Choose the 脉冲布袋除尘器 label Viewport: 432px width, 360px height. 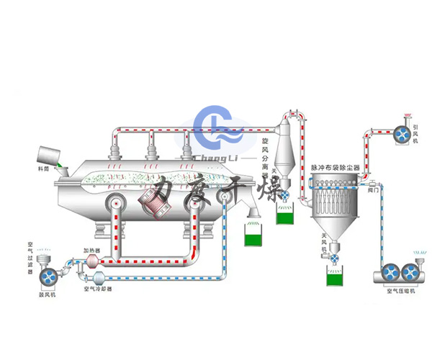tap(336, 167)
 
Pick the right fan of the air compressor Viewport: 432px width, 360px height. tap(410, 272)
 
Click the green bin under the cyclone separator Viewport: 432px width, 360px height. tap(286, 215)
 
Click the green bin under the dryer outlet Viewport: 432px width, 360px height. tap(254, 235)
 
